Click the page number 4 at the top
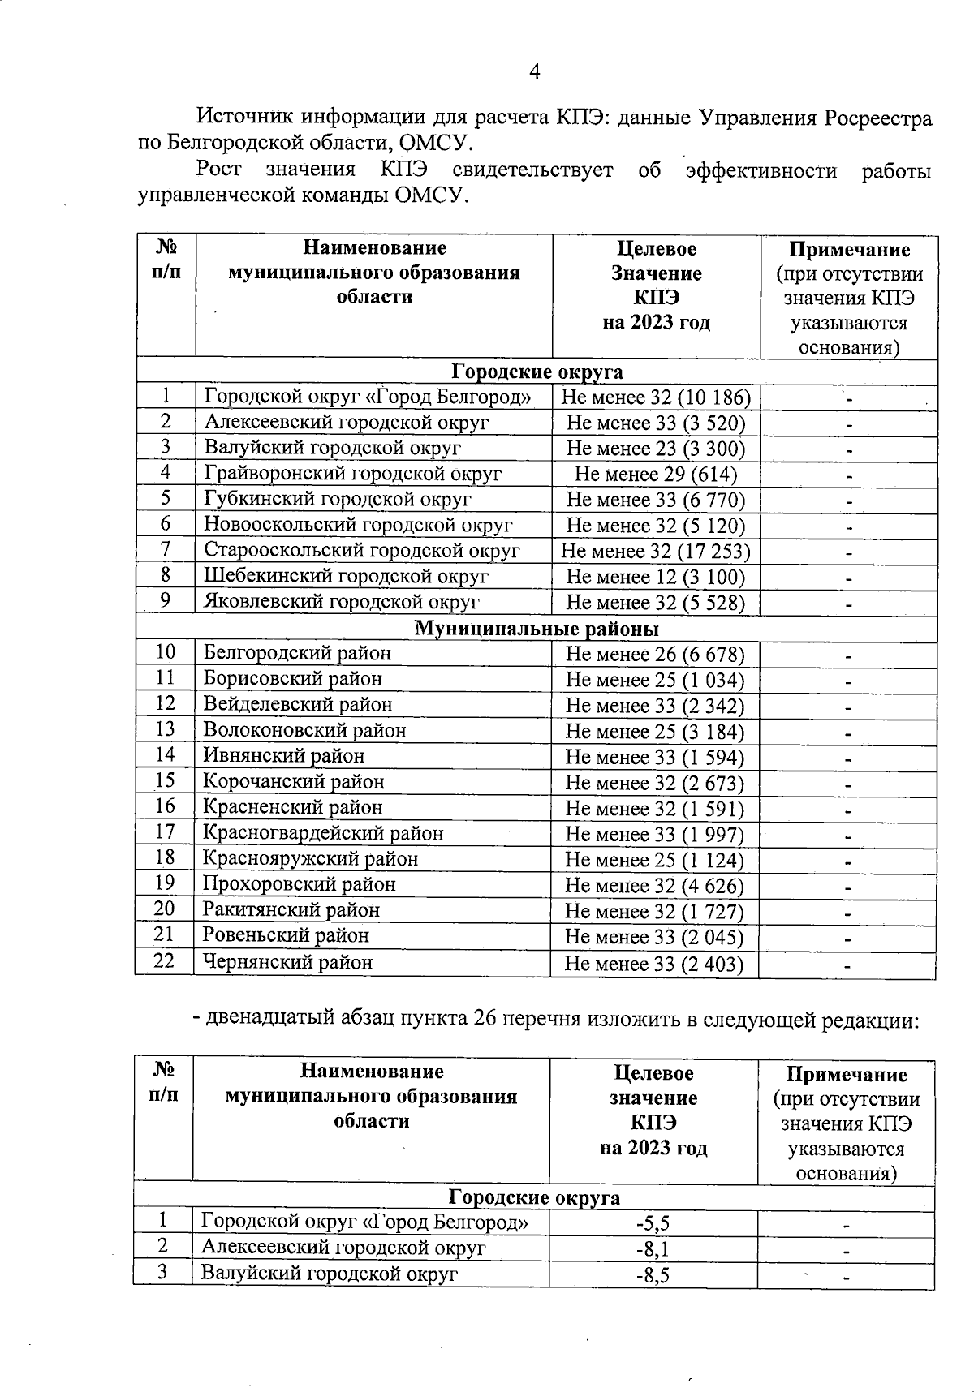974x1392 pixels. coord(534,72)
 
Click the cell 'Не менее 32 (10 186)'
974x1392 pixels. coord(656,397)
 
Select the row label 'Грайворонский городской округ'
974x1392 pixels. coord(352,474)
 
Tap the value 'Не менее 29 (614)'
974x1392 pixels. coord(656,475)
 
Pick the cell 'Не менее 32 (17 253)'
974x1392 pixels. coord(656,552)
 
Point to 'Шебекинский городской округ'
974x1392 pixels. coord(346,577)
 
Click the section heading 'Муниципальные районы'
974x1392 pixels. coord(537,629)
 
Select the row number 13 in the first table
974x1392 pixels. coord(165,729)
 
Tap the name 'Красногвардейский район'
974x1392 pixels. coord(323,833)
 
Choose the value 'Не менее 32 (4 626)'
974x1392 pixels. coord(654,886)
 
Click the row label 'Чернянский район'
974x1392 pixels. coord(287,963)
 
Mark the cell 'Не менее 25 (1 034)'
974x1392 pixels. coord(654,680)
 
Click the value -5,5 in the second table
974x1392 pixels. coord(653,1223)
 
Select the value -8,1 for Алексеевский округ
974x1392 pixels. coord(653,1248)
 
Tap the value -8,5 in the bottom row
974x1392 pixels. coord(653,1274)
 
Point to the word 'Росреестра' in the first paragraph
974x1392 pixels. coord(877,118)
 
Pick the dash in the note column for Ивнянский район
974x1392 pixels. coord(848,758)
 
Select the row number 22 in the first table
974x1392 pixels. coord(165,962)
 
